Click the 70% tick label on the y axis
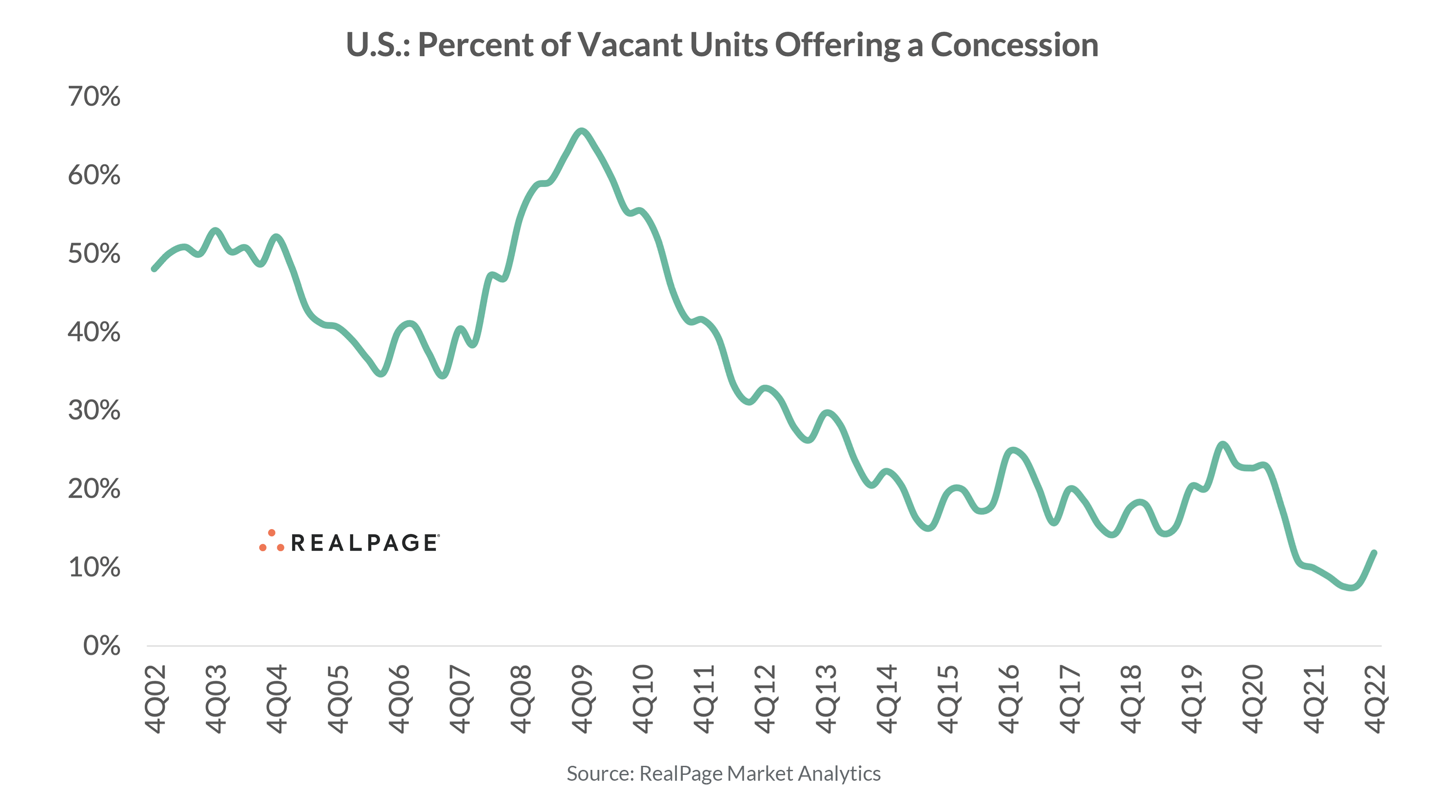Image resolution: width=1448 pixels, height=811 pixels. point(94,97)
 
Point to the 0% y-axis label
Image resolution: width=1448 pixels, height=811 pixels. point(102,646)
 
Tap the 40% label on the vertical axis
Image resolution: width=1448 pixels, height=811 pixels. point(94,332)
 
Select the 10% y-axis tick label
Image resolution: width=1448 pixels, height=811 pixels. point(94,567)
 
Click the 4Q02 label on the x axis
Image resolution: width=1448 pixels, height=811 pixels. point(155,699)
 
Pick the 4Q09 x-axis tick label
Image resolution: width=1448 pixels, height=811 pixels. point(582,699)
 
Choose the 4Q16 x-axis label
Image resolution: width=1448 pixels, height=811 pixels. point(1009,699)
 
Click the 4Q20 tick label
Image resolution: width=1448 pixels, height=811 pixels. point(1253,699)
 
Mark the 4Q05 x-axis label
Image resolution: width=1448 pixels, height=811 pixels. point(338,699)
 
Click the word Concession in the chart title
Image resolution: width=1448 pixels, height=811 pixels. point(1014,45)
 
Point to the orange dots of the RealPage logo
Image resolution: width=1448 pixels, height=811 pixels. point(271,541)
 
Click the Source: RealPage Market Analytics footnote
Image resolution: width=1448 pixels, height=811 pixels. point(724,774)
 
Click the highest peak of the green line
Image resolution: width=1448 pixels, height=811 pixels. point(582,131)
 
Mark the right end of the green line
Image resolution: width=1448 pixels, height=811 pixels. point(1374,553)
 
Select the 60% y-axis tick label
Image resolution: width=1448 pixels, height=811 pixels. point(94,175)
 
